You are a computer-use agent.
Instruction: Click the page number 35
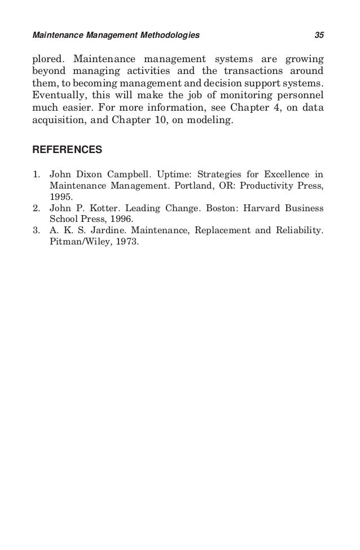[x=319, y=36]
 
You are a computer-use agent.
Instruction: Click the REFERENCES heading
[x=67, y=150]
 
